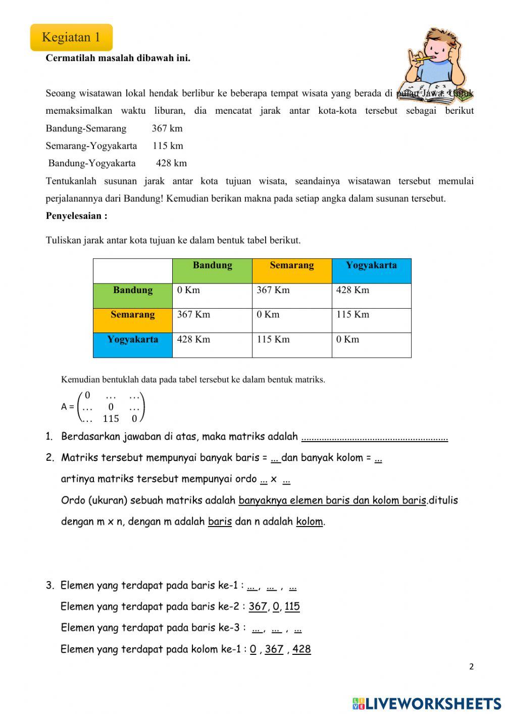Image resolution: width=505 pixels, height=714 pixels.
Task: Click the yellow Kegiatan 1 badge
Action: (71, 37)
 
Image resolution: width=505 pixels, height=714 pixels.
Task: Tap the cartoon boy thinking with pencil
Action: (435, 63)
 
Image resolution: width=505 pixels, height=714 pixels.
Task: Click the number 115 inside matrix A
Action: (111, 418)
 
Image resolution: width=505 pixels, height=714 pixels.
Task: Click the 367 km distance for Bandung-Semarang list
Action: (167, 128)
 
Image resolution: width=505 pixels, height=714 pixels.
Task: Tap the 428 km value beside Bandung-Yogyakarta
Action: (171, 163)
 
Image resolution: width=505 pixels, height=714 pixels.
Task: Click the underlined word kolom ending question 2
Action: (309, 521)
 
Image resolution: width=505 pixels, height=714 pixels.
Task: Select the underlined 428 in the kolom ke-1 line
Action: (301, 649)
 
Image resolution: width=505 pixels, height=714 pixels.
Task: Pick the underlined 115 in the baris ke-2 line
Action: (292, 606)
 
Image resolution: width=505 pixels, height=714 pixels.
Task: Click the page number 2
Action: (471, 667)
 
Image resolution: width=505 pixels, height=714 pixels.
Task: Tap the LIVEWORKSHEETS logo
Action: (427, 703)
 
